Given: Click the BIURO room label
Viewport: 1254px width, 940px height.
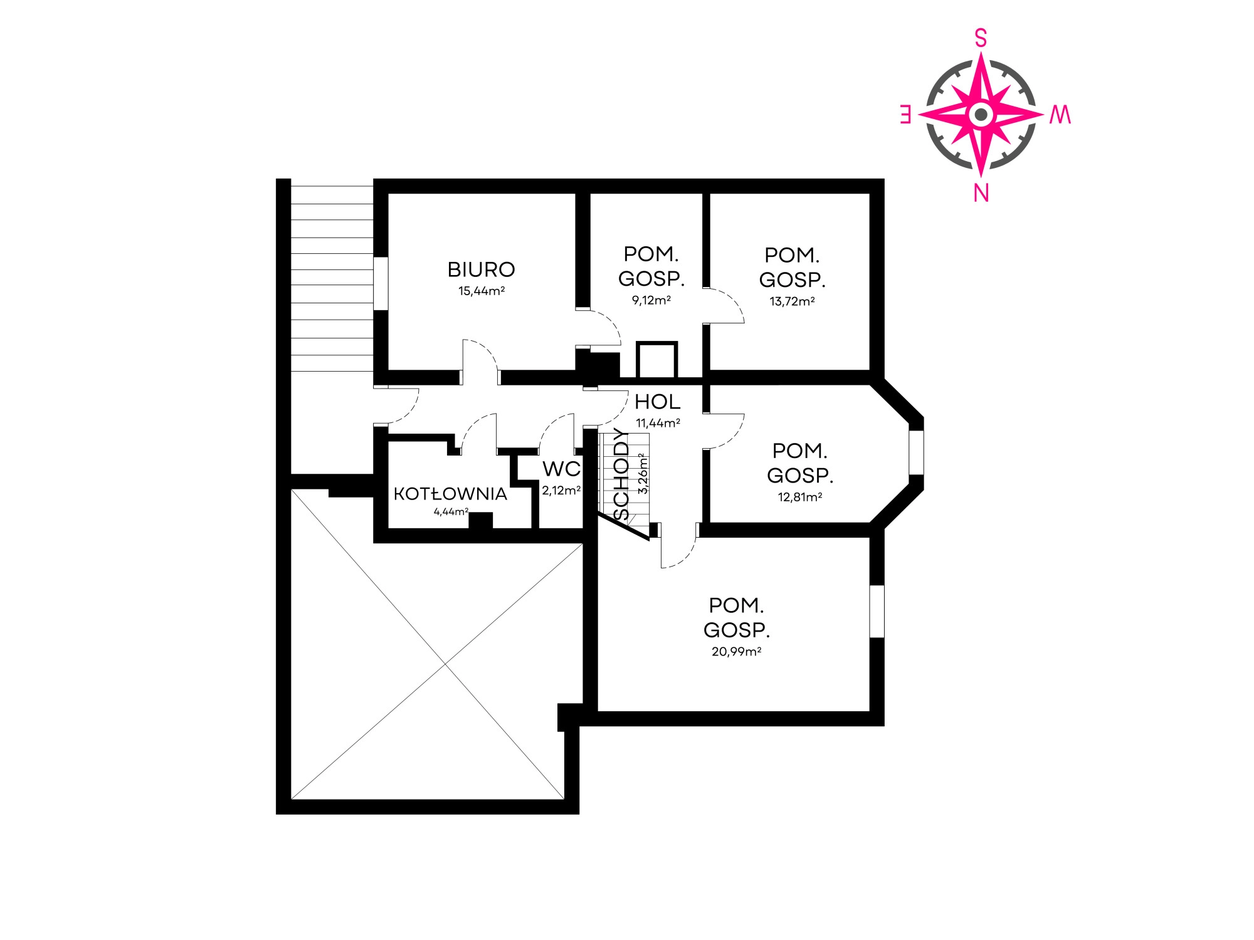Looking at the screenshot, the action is (x=481, y=269).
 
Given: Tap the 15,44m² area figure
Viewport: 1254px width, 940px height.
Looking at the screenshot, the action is (x=481, y=291).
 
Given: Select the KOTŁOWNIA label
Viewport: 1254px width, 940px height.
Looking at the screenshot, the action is (x=450, y=494).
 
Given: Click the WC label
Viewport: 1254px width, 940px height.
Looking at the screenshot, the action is (x=561, y=469).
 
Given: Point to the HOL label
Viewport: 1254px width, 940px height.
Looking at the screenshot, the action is (x=657, y=402).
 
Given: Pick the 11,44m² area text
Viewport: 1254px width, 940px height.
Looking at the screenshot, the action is (x=658, y=423).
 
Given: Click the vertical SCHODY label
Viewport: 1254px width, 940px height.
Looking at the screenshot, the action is (x=621, y=474).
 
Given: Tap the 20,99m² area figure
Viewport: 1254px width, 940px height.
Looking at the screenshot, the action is (x=736, y=652).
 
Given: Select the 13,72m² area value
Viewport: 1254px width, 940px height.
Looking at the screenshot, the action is (x=792, y=301).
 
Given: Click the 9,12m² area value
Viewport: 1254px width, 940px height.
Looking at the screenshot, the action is (x=651, y=300).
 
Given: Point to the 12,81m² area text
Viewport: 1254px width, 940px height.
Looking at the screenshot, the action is (x=800, y=497).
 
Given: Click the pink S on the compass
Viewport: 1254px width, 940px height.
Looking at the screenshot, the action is (x=981, y=38).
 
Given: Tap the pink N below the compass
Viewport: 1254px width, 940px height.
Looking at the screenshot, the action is (x=981, y=193).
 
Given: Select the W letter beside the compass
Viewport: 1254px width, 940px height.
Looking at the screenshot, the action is (x=1060, y=115).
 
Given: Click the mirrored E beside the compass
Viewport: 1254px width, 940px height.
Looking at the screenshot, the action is (x=905, y=115).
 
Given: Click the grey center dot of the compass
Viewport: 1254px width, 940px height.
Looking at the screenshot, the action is (x=981, y=115).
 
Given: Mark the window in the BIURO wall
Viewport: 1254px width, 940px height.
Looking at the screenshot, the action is (x=381, y=283).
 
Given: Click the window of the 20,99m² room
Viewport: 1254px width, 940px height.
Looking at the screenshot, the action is (x=877, y=612).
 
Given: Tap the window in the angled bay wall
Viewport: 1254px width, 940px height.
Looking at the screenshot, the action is (x=916, y=452).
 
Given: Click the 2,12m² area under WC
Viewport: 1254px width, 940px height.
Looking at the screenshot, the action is (x=561, y=491).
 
